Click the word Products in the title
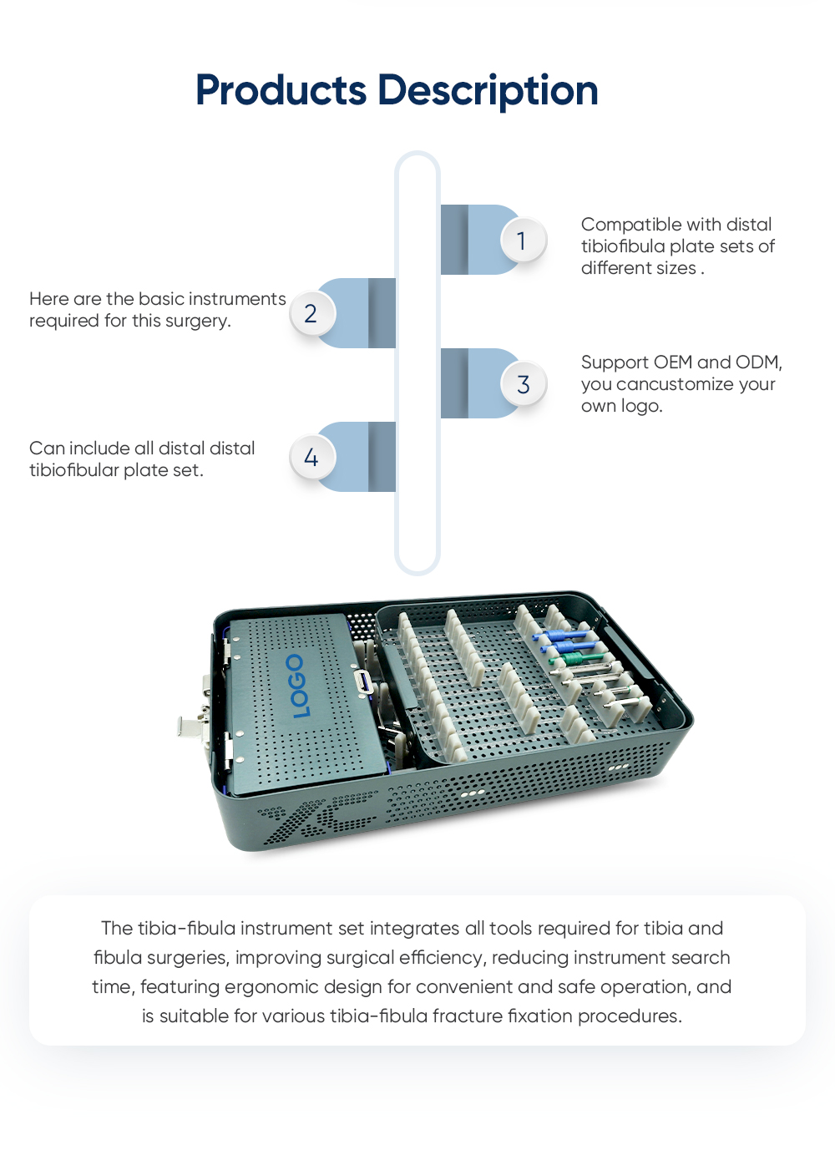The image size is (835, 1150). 281,90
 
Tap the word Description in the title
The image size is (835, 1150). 488,90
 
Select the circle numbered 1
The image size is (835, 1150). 523,241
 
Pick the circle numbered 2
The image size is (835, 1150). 311,314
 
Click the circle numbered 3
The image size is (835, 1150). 523,384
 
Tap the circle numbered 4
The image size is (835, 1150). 311,458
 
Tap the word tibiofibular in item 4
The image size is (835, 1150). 73,470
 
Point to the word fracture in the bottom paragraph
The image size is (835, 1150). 468,1016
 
